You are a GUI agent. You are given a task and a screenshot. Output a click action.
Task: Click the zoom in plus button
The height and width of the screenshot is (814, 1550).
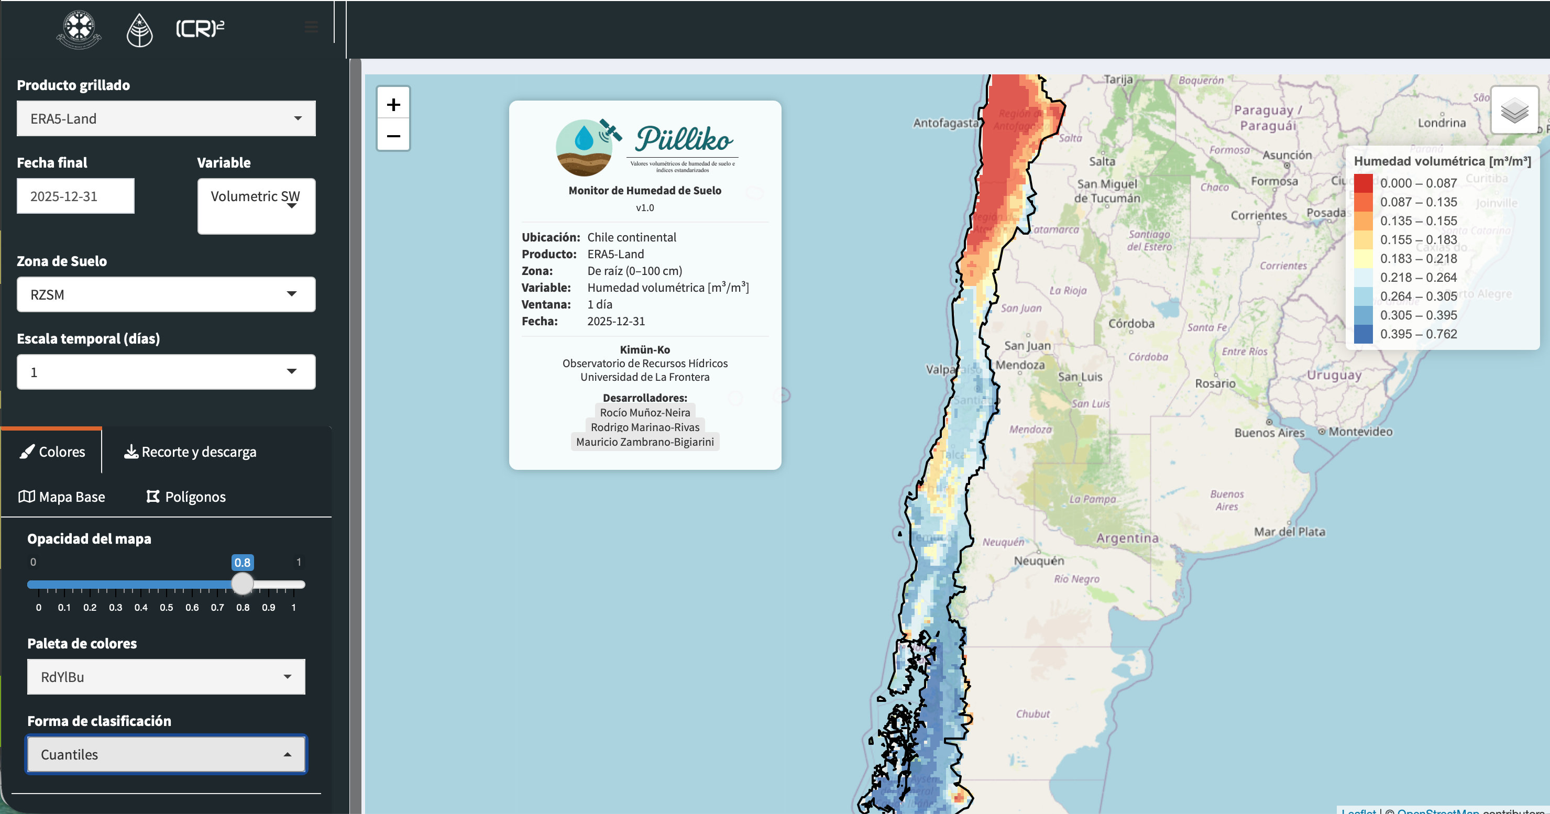393,105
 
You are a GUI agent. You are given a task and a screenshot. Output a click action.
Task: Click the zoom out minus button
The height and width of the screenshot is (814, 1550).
393,136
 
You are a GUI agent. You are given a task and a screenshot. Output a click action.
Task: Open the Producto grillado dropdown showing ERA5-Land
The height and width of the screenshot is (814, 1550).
166,118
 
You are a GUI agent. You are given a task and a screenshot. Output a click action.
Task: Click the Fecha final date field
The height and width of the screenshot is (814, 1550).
76,196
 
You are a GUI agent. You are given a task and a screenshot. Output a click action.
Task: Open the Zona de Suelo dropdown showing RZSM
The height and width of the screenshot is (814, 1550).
166,295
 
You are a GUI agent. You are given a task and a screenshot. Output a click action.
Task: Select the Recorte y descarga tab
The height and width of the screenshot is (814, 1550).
190,452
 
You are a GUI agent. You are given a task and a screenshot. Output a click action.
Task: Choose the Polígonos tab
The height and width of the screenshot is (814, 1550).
186,497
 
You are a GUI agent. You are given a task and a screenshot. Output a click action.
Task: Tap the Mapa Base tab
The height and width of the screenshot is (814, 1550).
62,497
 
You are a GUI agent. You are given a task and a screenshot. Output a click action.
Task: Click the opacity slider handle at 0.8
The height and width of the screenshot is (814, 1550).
243,584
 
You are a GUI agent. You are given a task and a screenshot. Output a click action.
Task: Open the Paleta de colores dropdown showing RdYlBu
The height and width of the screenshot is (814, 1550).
166,677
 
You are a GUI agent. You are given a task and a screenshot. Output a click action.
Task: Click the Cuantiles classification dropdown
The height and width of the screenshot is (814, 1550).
166,754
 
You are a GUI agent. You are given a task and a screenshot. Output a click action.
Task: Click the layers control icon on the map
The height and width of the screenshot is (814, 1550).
1514,110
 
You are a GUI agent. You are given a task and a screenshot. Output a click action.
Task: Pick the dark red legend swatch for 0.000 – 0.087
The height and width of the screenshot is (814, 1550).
1363,183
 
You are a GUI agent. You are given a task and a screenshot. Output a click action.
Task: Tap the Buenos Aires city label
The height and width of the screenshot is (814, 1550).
1269,433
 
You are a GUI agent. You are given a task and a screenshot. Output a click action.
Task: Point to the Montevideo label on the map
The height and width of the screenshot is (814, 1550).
1360,432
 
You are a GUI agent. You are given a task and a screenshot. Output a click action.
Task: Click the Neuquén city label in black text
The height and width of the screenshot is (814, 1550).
1039,560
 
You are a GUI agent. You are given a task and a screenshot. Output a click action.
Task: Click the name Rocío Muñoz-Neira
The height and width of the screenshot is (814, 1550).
645,412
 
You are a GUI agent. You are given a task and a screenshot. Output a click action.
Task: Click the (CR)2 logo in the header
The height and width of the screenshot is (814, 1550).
200,28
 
